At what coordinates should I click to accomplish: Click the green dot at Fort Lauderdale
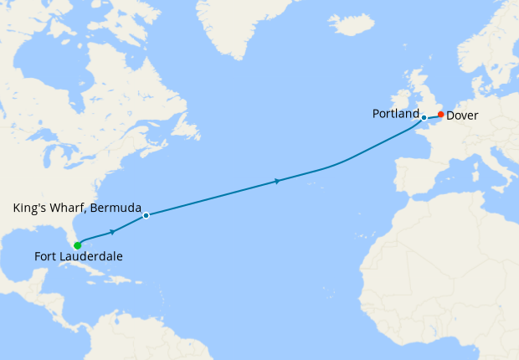point(77,245)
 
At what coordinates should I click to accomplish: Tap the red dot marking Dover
point(440,115)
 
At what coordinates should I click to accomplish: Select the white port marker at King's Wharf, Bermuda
point(146,215)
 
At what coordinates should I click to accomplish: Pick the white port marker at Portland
point(424,117)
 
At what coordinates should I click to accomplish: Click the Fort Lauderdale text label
point(78,257)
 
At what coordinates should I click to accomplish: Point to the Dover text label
point(462,116)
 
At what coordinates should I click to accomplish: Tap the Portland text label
point(396,113)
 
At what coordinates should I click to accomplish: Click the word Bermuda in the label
point(115,207)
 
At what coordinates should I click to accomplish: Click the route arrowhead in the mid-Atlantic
point(276,180)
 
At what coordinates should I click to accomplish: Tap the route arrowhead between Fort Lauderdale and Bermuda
point(111,230)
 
